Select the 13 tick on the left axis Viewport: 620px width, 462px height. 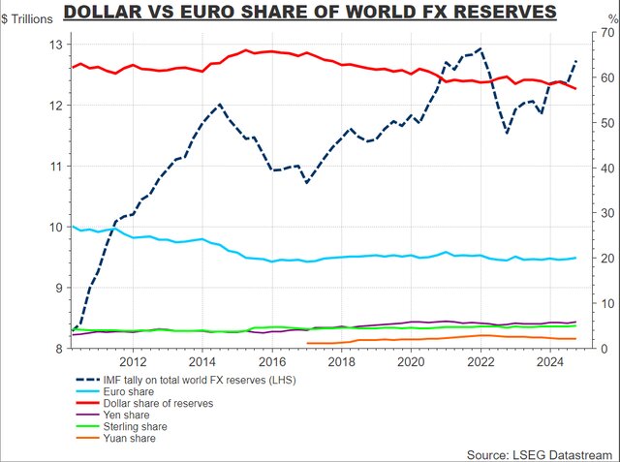click(56, 46)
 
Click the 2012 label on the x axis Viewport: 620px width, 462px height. click(132, 363)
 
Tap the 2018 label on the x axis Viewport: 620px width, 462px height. click(341, 363)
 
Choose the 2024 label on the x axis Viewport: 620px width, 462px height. click(550, 363)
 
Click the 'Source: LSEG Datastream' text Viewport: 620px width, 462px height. click(539, 453)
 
